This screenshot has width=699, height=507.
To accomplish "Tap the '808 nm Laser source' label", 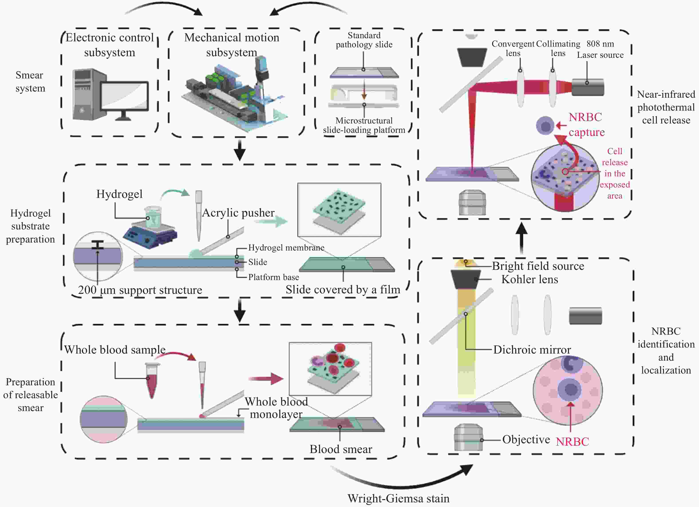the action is point(600,49).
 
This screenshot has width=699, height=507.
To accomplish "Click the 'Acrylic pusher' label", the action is point(238,213).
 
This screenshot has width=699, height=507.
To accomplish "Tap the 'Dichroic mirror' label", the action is point(532,350).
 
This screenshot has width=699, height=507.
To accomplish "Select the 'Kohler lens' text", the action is point(529,279).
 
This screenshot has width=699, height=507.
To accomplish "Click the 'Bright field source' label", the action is point(538,266).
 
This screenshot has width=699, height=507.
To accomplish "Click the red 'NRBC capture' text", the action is point(586,125).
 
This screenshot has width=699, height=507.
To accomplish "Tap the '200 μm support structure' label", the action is point(140,290).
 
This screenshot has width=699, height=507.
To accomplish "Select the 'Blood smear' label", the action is point(341,449).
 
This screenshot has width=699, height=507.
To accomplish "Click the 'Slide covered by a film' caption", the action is point(343,289).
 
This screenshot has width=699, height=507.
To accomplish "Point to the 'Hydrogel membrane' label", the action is point(286,248).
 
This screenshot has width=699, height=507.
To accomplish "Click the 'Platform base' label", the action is point(273,277).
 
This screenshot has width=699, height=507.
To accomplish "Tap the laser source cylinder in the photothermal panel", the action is point(588,87).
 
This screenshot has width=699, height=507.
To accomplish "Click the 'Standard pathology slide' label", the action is point(364,40).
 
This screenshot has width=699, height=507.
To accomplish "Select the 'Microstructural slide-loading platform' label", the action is point(364,125).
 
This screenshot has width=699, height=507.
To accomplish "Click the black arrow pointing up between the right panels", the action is point(521,238).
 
